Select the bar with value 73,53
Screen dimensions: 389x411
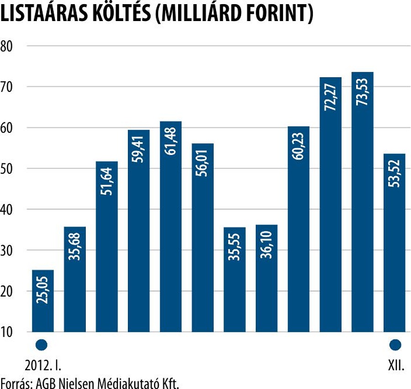point(363,201)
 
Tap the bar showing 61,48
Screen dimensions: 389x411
point(171,227)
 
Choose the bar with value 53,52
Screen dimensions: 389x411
point(395,243)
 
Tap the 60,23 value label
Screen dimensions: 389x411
point(299,146)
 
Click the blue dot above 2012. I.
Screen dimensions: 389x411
point(42,344)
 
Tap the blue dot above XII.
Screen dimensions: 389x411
point(395,344)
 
